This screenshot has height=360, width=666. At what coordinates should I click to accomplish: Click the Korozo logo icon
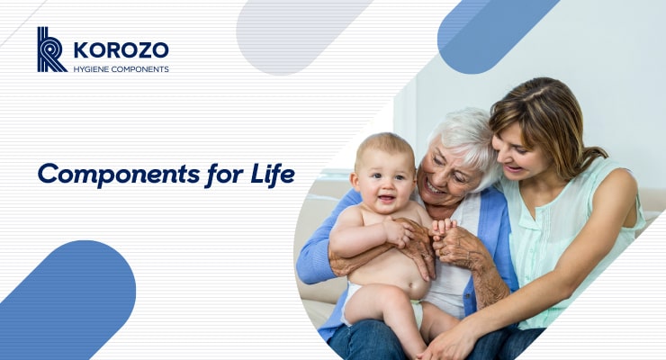[51, 49]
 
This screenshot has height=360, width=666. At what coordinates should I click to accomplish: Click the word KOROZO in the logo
[121, 49]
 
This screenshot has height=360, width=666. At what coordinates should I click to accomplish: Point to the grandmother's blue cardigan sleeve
[317, 252]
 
